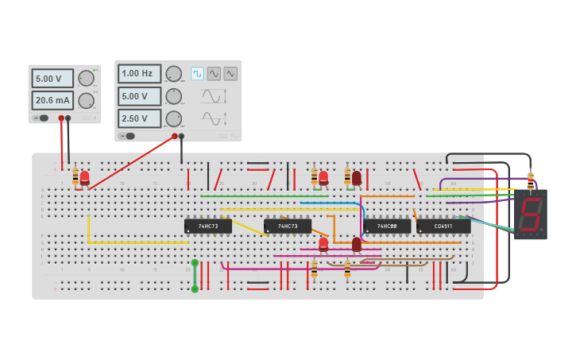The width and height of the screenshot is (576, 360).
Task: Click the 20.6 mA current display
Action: click(52, 100)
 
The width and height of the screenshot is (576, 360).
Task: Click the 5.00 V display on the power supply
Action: click(52, 79)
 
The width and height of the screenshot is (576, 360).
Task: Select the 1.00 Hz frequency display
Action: click(139, 74)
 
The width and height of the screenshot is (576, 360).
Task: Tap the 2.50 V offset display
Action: click(139, 118)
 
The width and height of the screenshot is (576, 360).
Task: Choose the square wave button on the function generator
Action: click(197, 74)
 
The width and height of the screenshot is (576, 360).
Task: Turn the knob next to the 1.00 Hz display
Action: click(173, 74)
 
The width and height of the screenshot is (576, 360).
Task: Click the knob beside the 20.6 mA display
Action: click(86, 100)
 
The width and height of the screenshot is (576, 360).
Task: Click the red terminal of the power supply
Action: click(61, 118)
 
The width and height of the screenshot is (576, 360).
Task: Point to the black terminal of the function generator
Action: click(182, 136)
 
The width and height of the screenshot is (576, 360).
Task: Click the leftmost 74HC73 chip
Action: click(208, 226)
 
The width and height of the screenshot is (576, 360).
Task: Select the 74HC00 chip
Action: click(387, 226)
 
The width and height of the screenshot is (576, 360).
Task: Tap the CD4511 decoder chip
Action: click(443, 226)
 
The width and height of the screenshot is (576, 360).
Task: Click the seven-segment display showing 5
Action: click(530, 215)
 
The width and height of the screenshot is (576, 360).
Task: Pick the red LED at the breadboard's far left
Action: click(85, 177)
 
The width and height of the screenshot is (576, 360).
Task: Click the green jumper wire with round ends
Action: click(195, 276)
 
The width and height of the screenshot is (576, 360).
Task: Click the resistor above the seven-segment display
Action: click(531, 180)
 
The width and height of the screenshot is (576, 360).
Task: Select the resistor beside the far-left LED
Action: click(75, 176)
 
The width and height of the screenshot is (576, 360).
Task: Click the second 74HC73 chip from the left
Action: click(288, 226)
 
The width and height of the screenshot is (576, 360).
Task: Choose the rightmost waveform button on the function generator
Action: click(230, 74)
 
